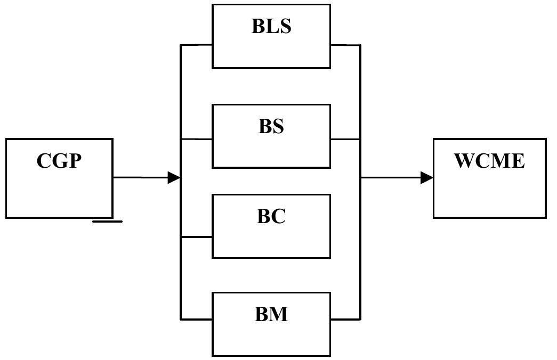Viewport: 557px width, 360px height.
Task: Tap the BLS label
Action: pyautogui.click(x=271, y=26)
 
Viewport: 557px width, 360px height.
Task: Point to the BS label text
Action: pyautogui.click(x=271, y=126)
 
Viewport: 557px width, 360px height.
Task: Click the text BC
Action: pyautogui.click(x=271, y=216)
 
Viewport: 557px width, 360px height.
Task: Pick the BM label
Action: pyautogui.click(x=271, y=314)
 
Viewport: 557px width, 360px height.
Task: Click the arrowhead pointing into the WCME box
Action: pyautogui.click(x=426, y=178)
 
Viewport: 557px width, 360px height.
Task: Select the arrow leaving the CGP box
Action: pyautogui.click(x=144, y=177)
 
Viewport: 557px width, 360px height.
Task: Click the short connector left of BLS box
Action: pyautogui.click(x=197, y=45)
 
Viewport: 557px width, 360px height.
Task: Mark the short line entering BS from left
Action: pyautogui.click(x=197, y=139)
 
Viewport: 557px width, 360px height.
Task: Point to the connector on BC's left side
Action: pyautogui.click(x=197, y=237)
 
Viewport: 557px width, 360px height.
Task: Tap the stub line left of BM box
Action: pyautogui.click(x=197, y=320)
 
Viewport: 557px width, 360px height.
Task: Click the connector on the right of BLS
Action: pyautogui.click(x=345, y=45)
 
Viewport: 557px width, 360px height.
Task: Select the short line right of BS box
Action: pyautogui.click(x=345, y=139)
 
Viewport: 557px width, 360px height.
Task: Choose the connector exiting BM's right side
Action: pyautogui.click(x=345, y=320)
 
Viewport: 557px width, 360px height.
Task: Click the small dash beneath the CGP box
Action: pyautogui.click(x=107, y=221)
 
